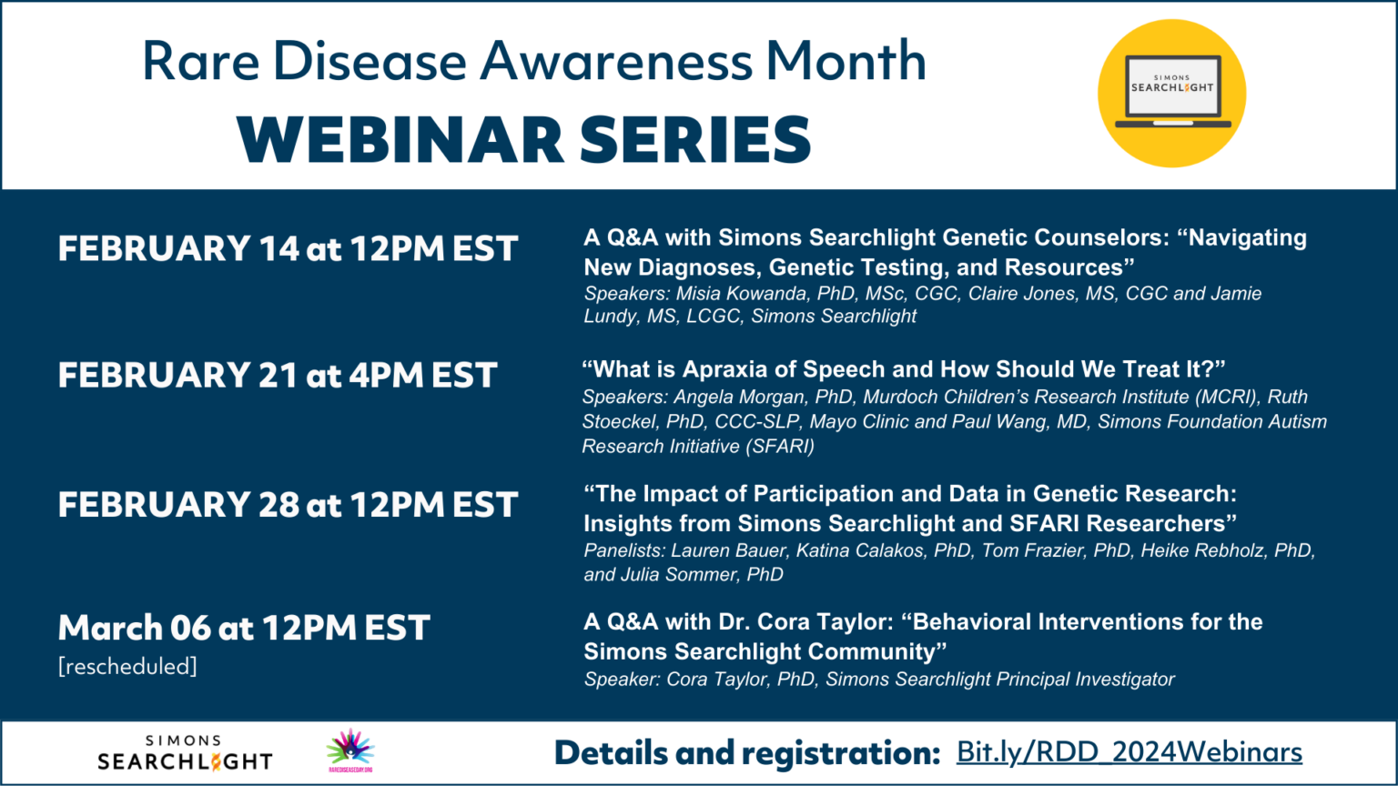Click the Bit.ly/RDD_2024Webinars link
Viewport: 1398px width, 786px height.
[x=1129, y=753]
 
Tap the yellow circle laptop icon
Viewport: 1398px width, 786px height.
[x=1171, y=94]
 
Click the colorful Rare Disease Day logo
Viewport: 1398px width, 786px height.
[x=350, y=750]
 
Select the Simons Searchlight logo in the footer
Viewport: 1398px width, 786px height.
[x=185, y=753]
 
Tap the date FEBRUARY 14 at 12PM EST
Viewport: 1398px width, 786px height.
[x=288, y=248]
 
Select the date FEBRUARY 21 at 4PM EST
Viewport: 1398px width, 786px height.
[x=278, y=375]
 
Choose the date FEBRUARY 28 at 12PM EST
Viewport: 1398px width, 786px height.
[x=288, y=504]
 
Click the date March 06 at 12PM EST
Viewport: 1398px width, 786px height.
[x=244, y=628]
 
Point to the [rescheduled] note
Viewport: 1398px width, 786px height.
[x=127, y=667]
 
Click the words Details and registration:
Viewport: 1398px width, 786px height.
[x=746, y=753]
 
